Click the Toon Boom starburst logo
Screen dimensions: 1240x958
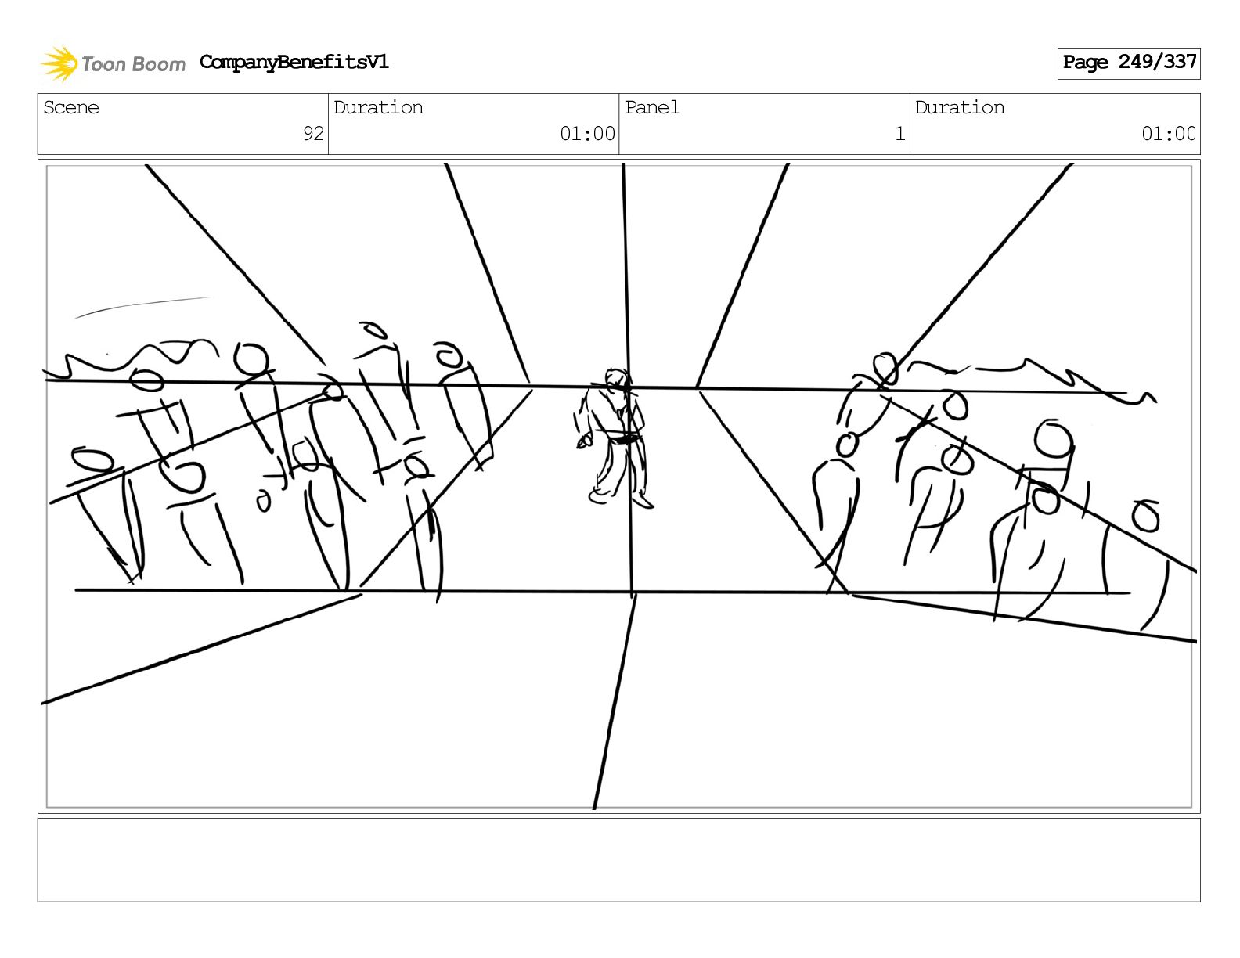pos(59,63)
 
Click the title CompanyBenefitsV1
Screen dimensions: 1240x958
pos(294,62)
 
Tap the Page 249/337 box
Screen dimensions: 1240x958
pos(1128,63)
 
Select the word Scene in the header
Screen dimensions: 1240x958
pos(71,107)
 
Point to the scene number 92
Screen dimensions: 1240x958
pos(313,134)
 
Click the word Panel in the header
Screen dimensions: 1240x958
pos(652,107)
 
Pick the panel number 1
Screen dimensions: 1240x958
pos(899,134)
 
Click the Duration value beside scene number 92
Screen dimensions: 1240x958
pos(587,134)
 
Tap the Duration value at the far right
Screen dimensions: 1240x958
pos(1168,134)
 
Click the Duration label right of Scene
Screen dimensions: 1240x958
pos(378,107)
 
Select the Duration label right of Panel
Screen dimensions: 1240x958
pos(960,107)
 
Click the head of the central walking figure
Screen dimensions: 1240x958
pos(616,380)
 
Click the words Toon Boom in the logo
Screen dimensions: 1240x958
pos(134,64)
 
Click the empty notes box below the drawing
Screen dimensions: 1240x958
pos(618,860)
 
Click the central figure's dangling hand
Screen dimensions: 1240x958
pos(583,441)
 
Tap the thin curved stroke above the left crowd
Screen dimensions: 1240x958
pos(144,306)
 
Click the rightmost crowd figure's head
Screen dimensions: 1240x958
pos(1145,516)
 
